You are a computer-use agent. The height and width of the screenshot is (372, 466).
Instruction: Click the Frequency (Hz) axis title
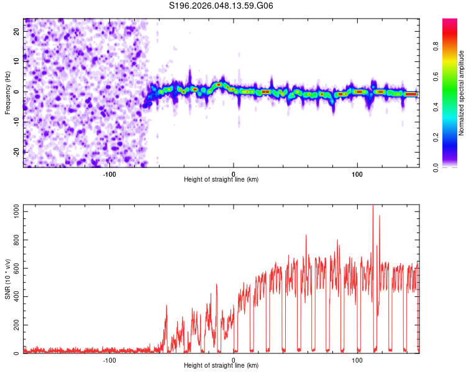(x=7, y=93)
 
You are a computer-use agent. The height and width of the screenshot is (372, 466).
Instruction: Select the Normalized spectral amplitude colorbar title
(x=462, y=93)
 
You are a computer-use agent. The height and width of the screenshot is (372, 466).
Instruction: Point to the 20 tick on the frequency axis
(x=17, y=32)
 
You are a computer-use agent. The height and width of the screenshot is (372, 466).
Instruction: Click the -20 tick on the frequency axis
(x=16, y=151)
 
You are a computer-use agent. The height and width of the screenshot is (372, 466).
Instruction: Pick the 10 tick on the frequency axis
(x=17, y=62)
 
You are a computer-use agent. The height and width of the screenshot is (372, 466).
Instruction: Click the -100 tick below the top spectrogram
(x=109, y=174)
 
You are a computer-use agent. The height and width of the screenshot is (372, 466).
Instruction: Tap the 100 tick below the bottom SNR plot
(x=357, y=360)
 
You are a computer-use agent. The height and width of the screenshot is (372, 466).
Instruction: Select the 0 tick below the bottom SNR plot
(x=234, y=360)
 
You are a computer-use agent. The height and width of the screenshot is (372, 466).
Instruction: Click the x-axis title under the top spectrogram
(x=222, y=180)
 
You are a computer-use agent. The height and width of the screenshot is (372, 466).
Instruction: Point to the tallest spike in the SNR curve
(x=373, y=206)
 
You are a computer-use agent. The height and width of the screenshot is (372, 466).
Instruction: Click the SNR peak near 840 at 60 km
(x=306, y=235)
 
